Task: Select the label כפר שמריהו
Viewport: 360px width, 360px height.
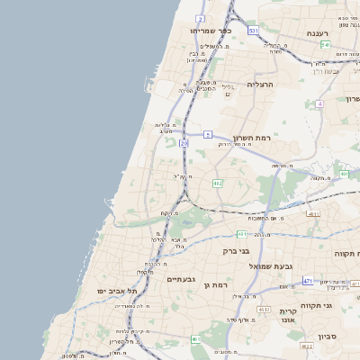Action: click(213, 31)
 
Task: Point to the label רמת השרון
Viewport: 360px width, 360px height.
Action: click(251, 138)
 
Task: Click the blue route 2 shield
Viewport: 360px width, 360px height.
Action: click(200, 18)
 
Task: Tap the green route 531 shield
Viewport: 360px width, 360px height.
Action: click(254, 31)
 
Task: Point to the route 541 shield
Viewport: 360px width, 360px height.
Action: click(325, 44)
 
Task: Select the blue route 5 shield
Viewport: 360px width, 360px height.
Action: click(208, 134)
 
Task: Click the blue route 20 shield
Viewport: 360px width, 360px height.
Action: click(184, 143)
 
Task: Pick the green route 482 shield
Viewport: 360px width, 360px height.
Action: click(217, 184)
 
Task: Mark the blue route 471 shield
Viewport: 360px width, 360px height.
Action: click(308, 281)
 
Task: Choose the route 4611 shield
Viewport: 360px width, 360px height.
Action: click(313, 214)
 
